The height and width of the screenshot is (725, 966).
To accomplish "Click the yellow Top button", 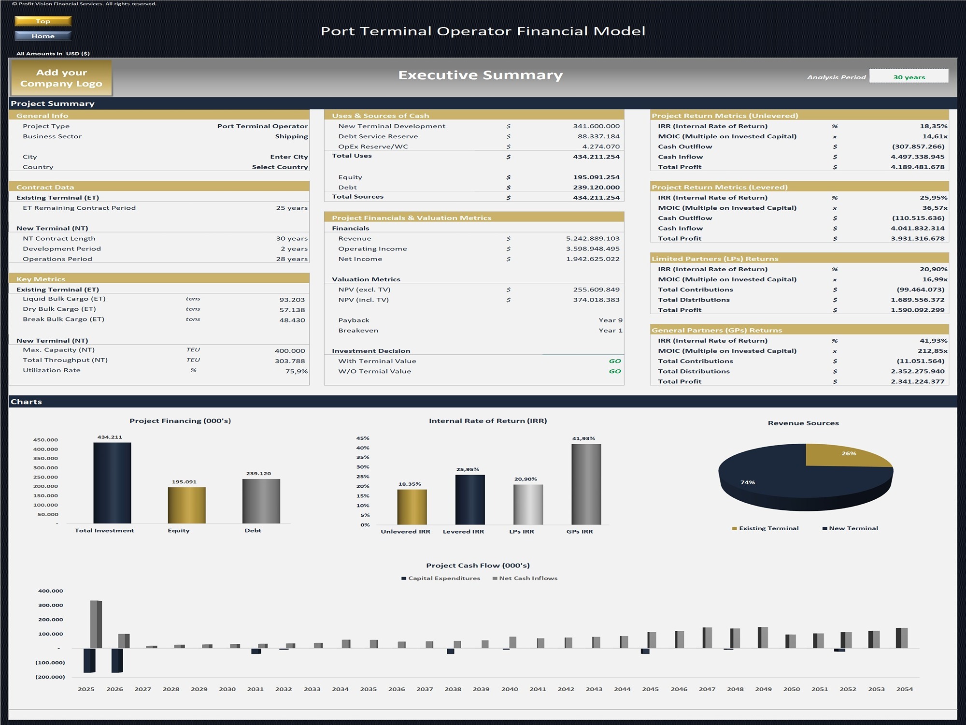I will [x=43, y=21].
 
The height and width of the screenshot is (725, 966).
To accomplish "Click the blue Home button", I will [x=43, y=36].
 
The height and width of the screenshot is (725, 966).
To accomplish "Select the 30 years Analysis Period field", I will [x=909, y=76].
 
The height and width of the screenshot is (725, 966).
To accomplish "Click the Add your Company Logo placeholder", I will [x=61, y=78].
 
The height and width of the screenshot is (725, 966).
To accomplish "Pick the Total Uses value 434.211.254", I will [x=596, y=157].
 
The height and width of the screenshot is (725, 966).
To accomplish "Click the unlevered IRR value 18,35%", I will [x=933, y=126].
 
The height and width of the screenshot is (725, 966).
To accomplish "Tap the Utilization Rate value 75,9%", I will [x=296, y=371].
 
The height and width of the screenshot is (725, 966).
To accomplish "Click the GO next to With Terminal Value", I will [x=614, y=361].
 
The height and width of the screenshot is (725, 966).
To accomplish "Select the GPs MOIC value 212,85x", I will [x=932, y=351].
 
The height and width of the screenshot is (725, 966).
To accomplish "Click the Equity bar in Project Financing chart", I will [x=186, y=505].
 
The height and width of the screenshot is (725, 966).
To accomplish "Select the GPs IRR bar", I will [x=586, y=483].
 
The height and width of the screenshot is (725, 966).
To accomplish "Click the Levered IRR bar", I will [x=469, y=499].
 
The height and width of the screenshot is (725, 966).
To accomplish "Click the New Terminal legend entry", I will [x=853, y=528].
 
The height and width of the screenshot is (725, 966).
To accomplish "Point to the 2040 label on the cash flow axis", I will [x=509, y=689].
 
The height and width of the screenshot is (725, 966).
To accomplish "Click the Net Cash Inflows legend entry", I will [x=527, y=578].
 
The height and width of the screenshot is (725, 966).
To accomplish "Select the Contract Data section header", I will [x=45, y=187].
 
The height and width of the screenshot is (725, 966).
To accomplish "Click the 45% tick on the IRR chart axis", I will [x=363, y=438].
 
